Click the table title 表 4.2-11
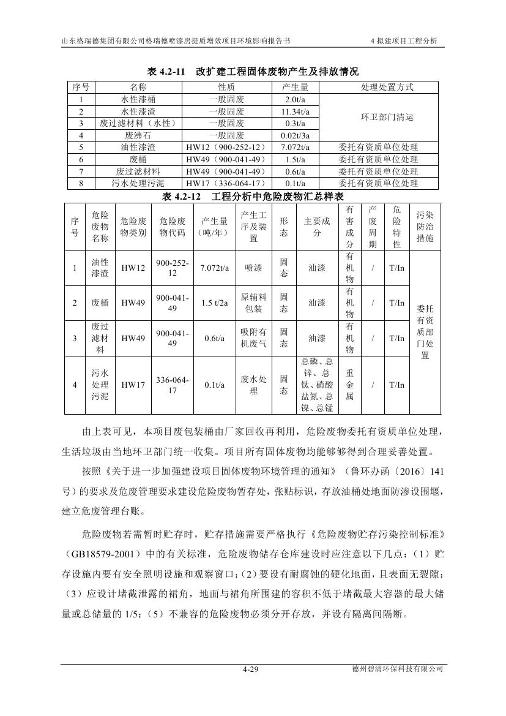click(252, 71)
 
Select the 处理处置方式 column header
click(379, 87)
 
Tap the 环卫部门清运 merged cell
click(379, 117)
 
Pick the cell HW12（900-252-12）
click(226, 147)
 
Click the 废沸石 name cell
click(138, 135)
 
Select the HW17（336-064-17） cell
click(226, 183)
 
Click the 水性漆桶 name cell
click(138, 99)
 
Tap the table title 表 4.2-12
click(252, 197)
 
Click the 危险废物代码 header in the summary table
click(172, 227)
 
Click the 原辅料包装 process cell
click(254, 303)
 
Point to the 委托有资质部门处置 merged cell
click(425, 333)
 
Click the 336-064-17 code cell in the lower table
click(172, 385)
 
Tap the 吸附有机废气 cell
click(254, 338)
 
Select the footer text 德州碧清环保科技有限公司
click(393, 670)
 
